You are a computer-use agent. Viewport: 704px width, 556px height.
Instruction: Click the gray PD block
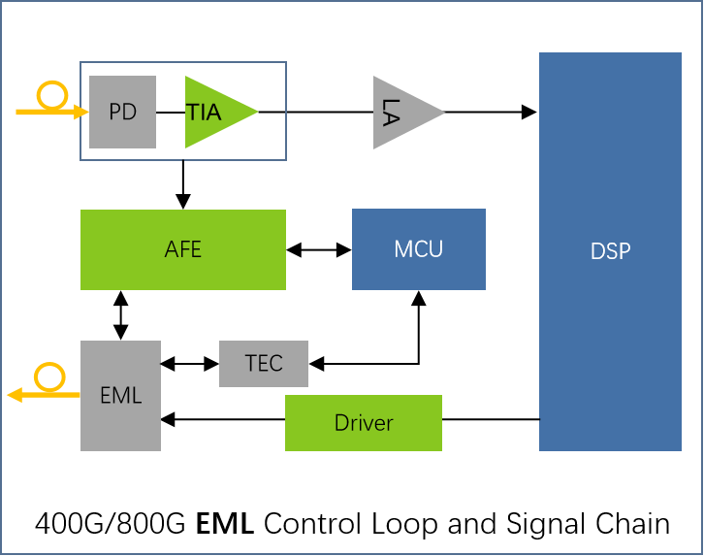coord(122,112)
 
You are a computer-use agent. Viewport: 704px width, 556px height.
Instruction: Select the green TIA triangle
coord(215,112)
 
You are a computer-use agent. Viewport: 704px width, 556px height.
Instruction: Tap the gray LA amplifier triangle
coord(404,113)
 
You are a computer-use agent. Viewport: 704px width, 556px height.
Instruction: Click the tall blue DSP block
coord(610,251)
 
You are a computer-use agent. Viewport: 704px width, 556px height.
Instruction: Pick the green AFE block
coord(183,249)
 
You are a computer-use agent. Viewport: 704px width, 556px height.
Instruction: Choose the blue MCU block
coord(419,249)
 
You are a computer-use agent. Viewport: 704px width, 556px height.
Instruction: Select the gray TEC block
coord(264,363)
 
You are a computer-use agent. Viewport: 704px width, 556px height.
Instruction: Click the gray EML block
coord(120,396)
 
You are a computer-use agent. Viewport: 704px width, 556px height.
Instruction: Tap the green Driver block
coord(364,423)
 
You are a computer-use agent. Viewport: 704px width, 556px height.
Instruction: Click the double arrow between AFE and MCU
coord(319,249)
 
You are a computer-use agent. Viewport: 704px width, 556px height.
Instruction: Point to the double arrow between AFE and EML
coord(121,315)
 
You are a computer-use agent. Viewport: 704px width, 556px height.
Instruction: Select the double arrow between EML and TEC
coord(190,363)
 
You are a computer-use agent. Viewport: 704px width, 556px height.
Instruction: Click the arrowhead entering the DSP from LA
coord(528,112)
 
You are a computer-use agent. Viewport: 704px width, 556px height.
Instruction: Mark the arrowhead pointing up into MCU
coord(419,298)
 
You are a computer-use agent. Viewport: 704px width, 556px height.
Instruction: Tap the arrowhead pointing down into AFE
coord(183,202)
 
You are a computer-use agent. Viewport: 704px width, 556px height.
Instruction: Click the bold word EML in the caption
coord(225,524)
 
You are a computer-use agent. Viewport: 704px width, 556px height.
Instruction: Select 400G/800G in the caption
coord(110,524)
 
